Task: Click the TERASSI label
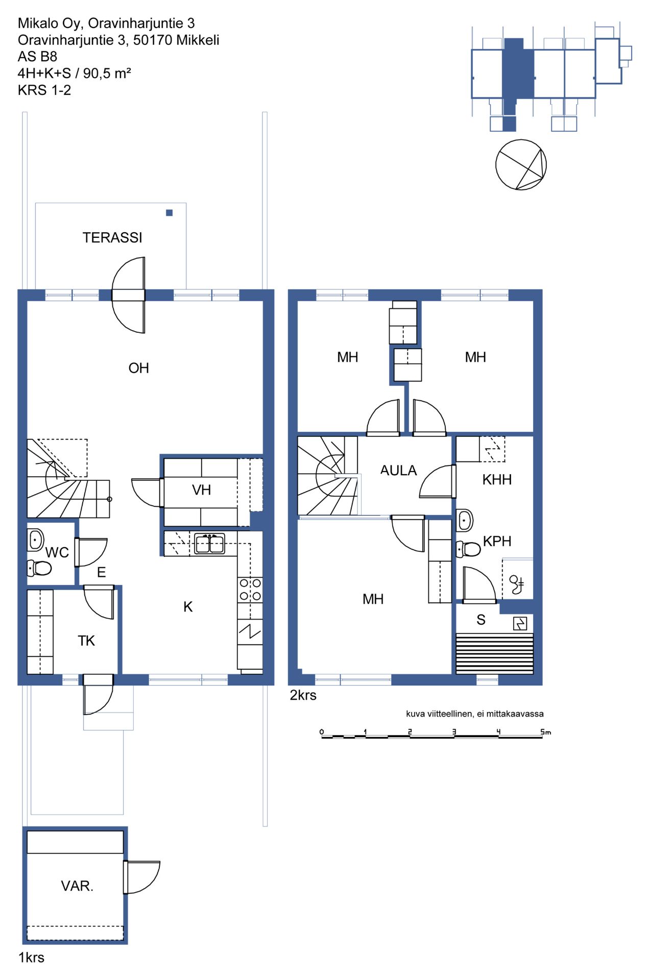click(112, 237)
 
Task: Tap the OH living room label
click(138, 368)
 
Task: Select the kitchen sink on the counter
click(210, 544)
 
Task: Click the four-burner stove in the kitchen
click(250, 590)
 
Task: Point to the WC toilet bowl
click(39, 568)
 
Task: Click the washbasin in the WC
click(35, 540)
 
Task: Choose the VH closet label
click(201, 490)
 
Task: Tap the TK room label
click(86, 641)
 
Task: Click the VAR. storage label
click(77, 886)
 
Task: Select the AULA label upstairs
click(398, 470)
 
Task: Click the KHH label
click(497, 479)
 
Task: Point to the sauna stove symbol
click(520, 623)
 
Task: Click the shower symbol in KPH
click(516, 584)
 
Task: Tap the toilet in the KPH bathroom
click(468, 549)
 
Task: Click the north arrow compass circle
click(521, 165)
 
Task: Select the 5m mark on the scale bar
click(545, 732)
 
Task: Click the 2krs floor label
click(303, 695)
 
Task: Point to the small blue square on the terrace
click(170, 213)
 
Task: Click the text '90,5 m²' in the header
click(107, 73)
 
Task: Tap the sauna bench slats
click(495, 654)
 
